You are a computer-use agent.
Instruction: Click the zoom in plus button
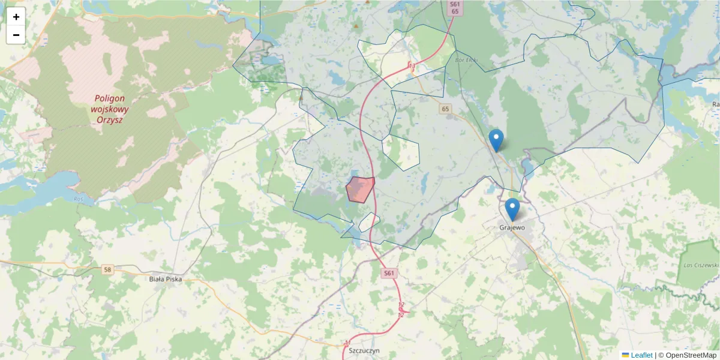pyautogui.click(x=16, y=17)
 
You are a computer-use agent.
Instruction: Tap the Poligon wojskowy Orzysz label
pyautogui.click(x=109, y=109)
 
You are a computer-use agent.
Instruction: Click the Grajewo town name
pyautogui.click(x=512, y=228)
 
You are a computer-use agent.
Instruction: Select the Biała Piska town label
pyautogui.click(x=165, y=279)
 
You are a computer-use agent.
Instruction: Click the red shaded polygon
pyautogui.click(x=360, y=189)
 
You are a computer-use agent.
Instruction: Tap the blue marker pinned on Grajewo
pyautogui.click(x=512, y=209)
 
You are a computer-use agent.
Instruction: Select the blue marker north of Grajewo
pyautogui.click(x=496, y=140)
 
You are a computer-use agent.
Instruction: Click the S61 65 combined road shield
pyautogui.click(x=455, y=8)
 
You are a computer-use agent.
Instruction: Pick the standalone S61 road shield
pyautogui.click(x=389, y=274)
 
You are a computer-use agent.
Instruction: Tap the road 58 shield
pyautogui.click(x=107, y=270)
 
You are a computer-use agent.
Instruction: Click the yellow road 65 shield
pyautogui.click(x=445, y=109)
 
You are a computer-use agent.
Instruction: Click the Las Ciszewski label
pyautogui.click(x=701, y=265)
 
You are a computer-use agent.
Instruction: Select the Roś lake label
pyautogui.click(x=79, y=199)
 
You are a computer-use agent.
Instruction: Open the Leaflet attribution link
pyautogui.click(x=641, y=355)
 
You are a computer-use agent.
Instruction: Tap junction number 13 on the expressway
pyautogui.click(x=412, y=65)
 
